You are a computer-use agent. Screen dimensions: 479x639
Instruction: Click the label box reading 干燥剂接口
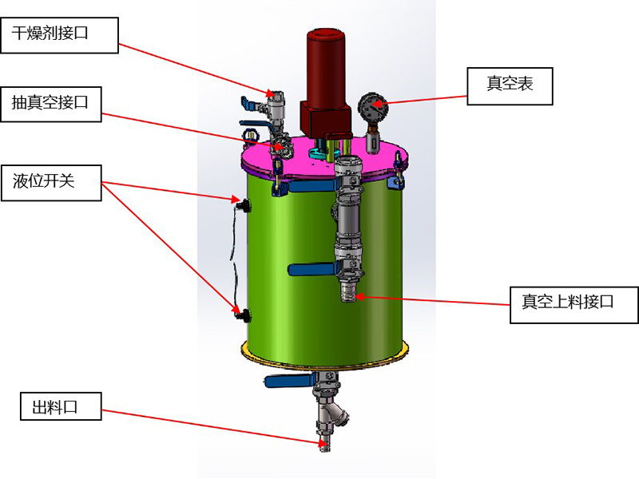tap(60, 35)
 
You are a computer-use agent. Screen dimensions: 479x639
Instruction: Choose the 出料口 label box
tap(61, 407)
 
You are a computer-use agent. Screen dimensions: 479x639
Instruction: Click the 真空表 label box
tap(510, 85)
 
